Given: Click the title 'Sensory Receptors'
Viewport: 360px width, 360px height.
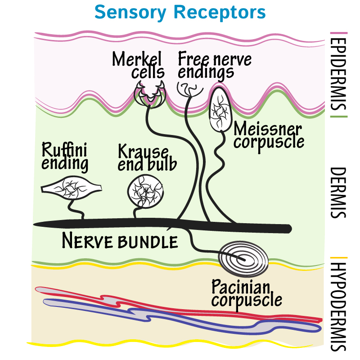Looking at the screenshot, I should (x=180, y=12).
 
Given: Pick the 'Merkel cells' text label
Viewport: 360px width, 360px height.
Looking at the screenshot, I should (x=138, y=65).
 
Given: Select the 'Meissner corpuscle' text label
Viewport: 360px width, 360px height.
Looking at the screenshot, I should (x=269, y=135).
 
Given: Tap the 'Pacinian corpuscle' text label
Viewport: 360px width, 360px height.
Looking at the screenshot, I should (x=247, y=293).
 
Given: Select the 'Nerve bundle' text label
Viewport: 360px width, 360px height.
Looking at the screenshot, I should (x=120, y=242).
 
